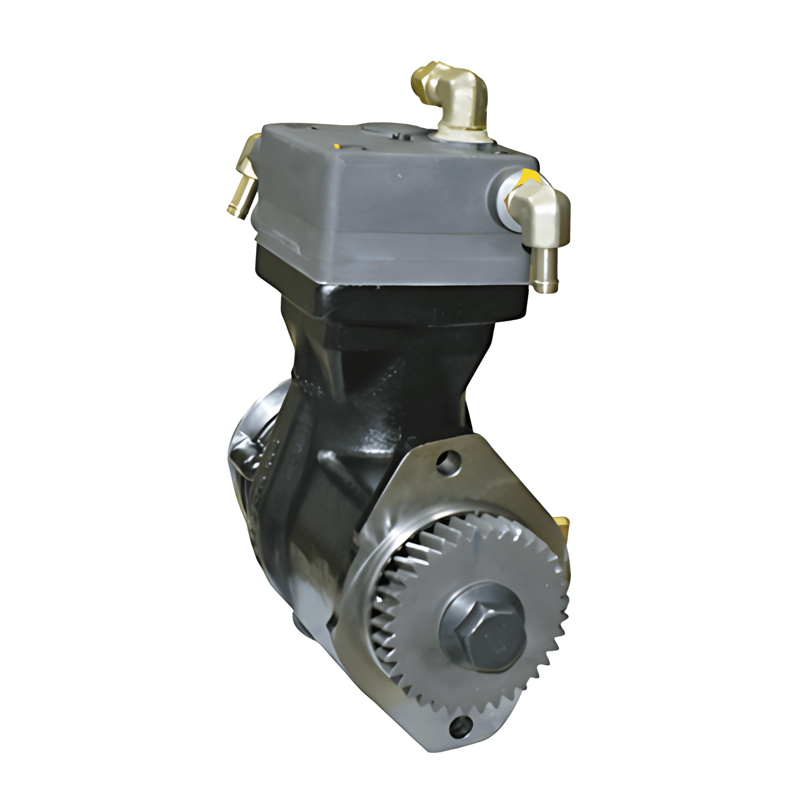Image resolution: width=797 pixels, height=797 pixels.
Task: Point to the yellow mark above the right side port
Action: coord(528,176)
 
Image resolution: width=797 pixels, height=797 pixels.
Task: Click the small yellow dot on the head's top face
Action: coord(336,146)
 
